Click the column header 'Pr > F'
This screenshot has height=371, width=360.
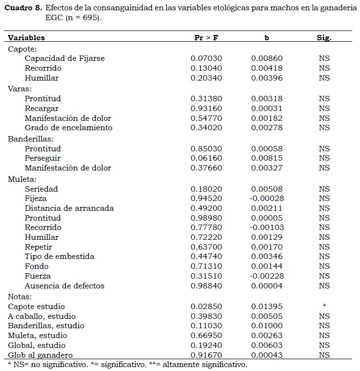pyautogui.click(x=206, y=38)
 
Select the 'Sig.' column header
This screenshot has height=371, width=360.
pyautogui.click(x=324, y=38)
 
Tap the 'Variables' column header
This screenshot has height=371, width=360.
pyautogui.click(x=27, y=38)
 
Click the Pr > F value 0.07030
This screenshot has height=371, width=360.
pyautogui.click(x=206, y=58)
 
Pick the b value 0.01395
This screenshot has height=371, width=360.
pyautogui.click(x=267, y=307)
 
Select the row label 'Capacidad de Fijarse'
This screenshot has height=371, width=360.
pyautogui.click(x=65, y=58)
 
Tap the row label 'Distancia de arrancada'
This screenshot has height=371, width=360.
pyautogui.click(x=69, y=208)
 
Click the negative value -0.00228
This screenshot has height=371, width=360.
pyautogui.click(x=266, y=276)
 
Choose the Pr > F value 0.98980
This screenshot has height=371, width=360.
pyautogui.click(x=206, y=218)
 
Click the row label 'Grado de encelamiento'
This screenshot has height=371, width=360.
pyautogui.click(x=68, y=128)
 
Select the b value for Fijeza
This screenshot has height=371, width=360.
pyautogui.click(x=266, y=199)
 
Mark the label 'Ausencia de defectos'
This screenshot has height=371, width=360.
pyautogui.click(x=64, y=286)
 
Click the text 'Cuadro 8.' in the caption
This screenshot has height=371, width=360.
pyautogui.click(x=23, y=9)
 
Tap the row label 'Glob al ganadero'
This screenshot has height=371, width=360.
pyautogui.click(x=40, y=355)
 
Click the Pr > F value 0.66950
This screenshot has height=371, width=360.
pyautogui.click(x=206, y=336)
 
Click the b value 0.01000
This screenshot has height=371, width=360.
pyautogui.click(x=267, y=326)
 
